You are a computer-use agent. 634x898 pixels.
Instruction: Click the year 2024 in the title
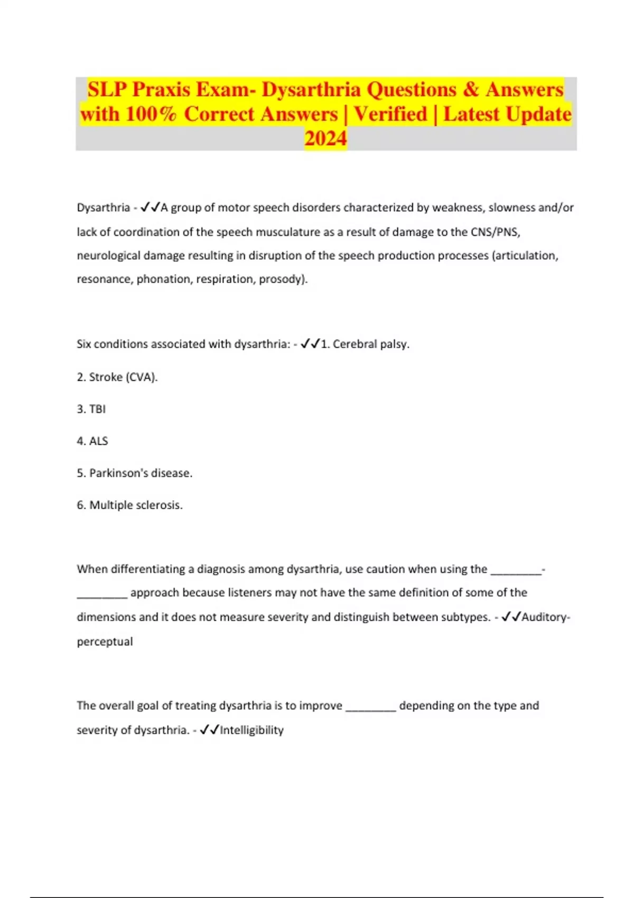click(325, 138)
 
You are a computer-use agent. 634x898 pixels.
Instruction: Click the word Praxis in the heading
click(161, 89)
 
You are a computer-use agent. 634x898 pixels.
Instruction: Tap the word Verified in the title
click(390, 114)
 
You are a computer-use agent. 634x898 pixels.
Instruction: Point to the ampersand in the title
click(471, 89)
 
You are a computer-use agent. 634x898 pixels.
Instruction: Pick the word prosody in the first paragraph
click(281, 279)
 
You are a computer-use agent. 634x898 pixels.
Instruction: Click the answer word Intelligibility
click(251, 730)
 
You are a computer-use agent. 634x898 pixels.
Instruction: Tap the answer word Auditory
click(544, 617)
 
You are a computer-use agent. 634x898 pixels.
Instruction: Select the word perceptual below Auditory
click(105, 641)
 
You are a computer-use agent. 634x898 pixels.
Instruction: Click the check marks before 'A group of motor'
click(150, 208)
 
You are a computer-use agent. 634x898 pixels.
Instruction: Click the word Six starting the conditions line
click(84, 344)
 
